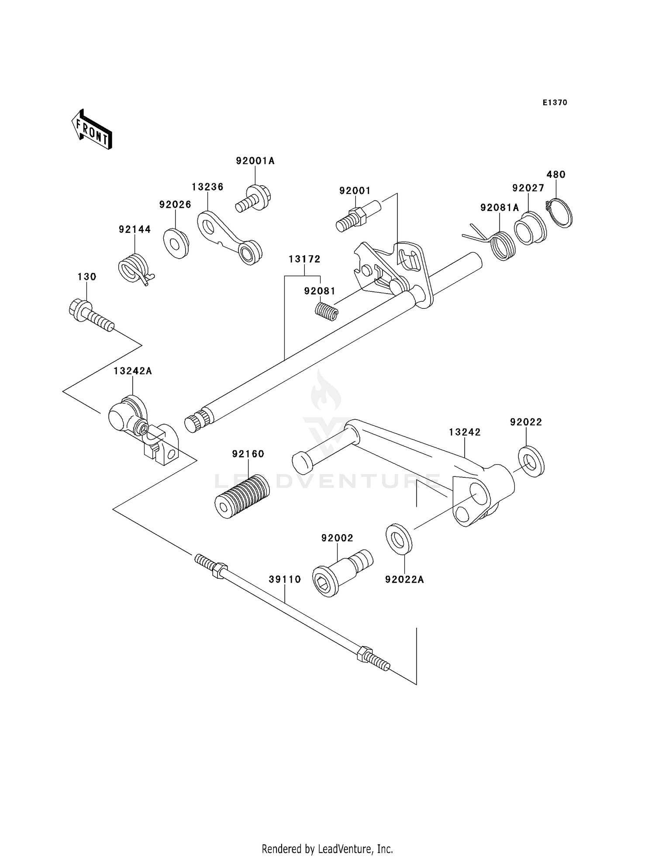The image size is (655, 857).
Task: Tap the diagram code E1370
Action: (x=555, y=103)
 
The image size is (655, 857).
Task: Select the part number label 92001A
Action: (x=255, y=161)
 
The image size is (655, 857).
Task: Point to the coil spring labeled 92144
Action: (x=134, y=268)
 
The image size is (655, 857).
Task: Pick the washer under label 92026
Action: (x=176, y=243)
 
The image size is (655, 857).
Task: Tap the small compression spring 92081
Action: (x=327, y=311)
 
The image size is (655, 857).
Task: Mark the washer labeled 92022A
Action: (x=399, y=538)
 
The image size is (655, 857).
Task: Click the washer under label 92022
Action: (x=531, y=461)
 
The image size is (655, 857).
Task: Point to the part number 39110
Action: (x=285, y=579)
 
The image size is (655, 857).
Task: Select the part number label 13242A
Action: (x=132, y=371)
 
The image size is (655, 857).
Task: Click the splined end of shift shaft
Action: (x=195, y=422)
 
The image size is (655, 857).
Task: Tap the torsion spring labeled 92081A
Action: (x=502, y=246)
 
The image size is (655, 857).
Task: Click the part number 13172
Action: (x=304, y=259)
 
